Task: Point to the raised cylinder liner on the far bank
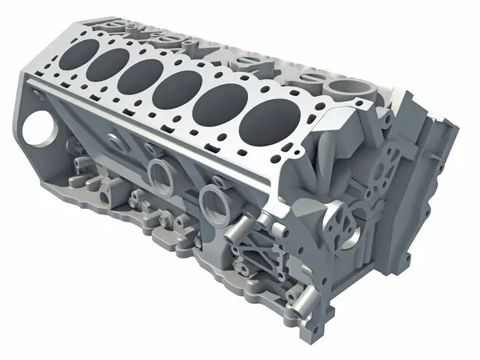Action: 345,86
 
